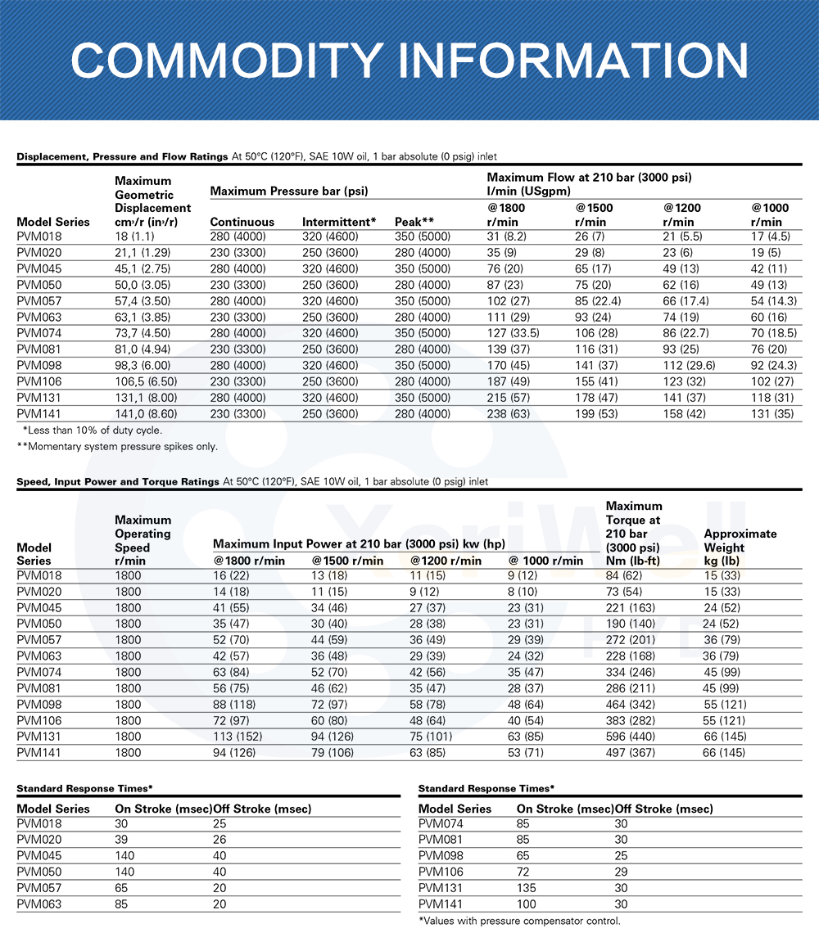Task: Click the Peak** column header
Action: click(x=414, y=222)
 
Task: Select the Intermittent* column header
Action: click(x=339, y=222)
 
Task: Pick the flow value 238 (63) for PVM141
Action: click(x=509, y=414)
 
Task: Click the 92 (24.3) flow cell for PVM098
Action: click(x=773, y=366)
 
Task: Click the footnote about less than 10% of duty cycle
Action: click(x=93, y=430)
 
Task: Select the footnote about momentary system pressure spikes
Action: click(x=117, y=447)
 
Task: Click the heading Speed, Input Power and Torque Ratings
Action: click(x=118, y=482)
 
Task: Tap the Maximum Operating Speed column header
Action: click(x=143, y=540)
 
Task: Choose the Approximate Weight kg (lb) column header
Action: click(x=740, y=548)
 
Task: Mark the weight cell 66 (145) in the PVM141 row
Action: click(x=724, y=752)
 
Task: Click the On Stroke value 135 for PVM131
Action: click(x=527, y=888)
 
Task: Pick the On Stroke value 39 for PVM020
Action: click(x=122, y=840)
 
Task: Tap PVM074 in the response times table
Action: click(x=441, y=824)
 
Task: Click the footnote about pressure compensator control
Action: click(x=519, y=921)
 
